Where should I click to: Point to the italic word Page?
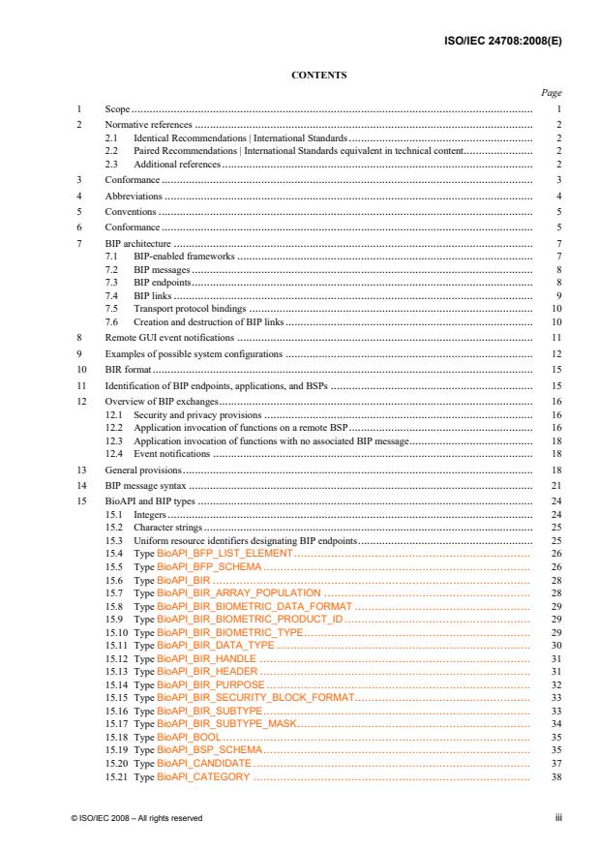point(552,94)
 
